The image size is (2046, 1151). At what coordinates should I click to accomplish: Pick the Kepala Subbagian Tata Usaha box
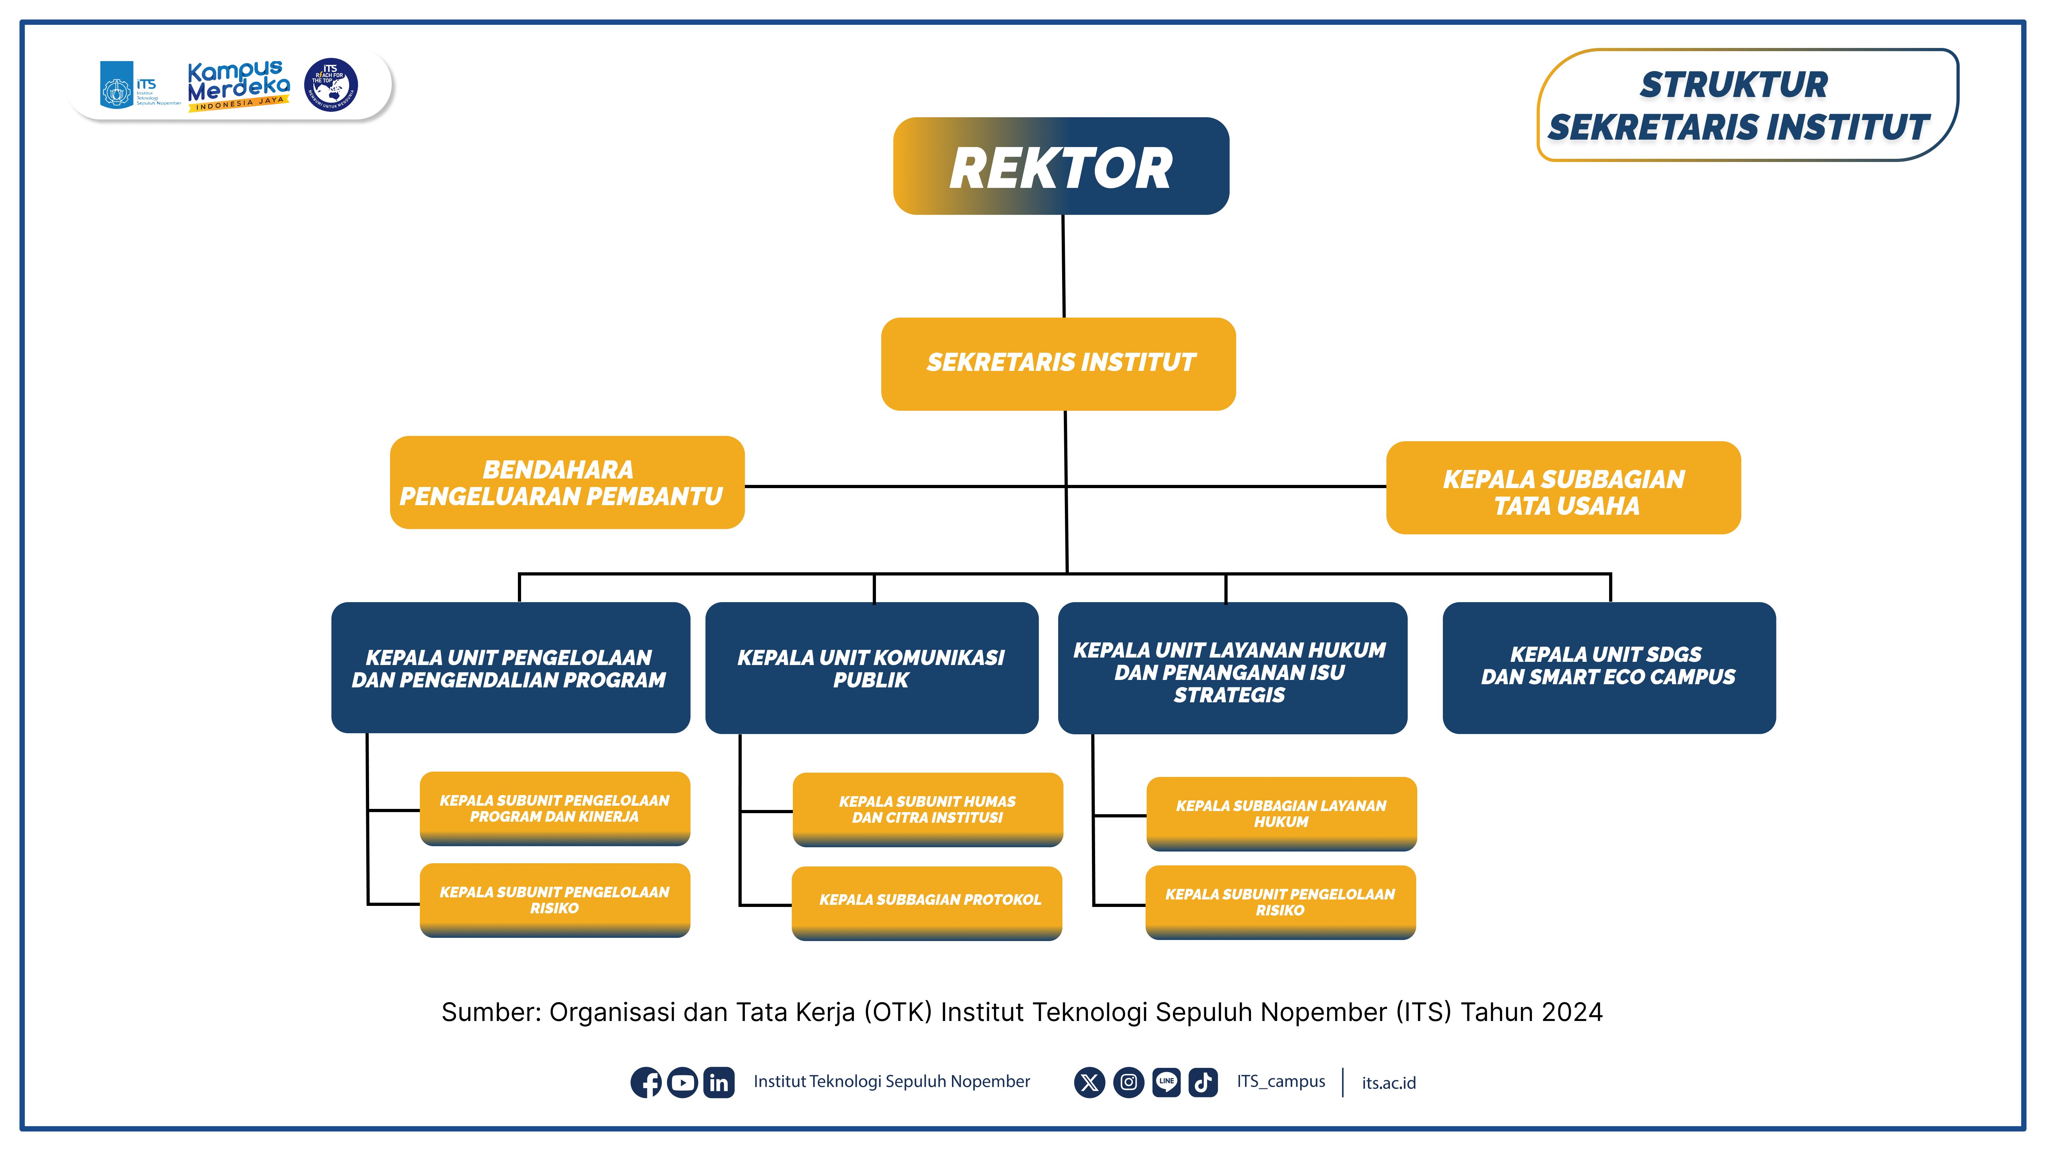click(x=1563, y=488)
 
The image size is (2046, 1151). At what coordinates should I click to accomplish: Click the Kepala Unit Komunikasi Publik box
click(x=871, y=668)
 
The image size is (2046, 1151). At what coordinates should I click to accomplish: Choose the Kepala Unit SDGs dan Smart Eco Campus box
click(x=1608, y=667)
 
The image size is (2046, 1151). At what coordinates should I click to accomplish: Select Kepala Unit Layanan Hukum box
click(x=1232, y=668)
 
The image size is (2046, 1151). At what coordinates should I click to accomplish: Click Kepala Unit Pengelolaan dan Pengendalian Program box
click(x=510, y=668)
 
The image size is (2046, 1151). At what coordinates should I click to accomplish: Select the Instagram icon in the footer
click(x=1128, y=1082)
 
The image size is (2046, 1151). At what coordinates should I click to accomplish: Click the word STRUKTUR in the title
click(x=1733, y=85)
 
